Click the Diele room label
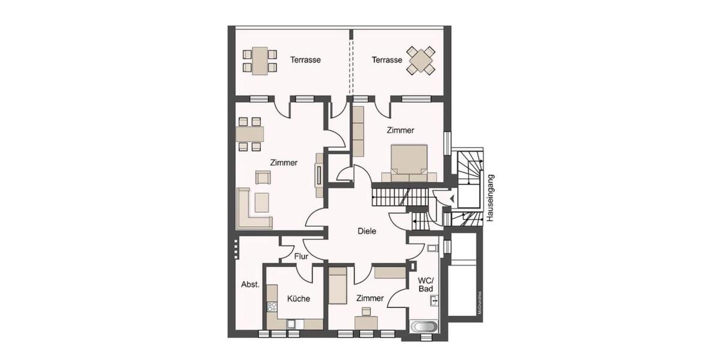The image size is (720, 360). click(x=367, y=231)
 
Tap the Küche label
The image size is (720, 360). click(x=298, y=298)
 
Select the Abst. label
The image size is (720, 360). click(x=250, y=284)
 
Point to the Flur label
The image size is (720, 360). click(x=301, y=257)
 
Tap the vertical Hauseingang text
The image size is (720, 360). click(x=490, y=199)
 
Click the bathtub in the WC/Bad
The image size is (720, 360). click(x=425, y=327)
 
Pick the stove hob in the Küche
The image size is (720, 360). click(x=272, y=307)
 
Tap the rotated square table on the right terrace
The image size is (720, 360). click(x=421, y=60)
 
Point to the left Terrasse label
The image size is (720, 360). click(x=305, y=60)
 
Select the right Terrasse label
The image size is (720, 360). click(x=386, y=60)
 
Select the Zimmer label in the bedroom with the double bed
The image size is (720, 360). click(x=400, y=130)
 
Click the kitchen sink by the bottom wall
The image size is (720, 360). click(x=292, y=324)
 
